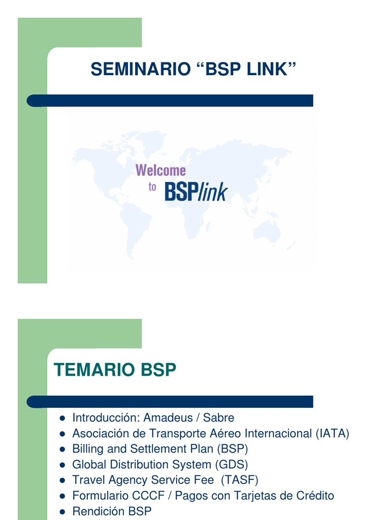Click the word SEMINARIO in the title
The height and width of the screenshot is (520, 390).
[x=141, y=69]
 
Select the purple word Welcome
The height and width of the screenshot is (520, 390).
[x=160, y=170]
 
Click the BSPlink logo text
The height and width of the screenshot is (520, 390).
[x=196, y=191]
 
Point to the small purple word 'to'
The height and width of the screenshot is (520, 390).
[x=152, y=187]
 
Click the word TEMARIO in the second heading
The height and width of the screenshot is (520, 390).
[x=94, y=370]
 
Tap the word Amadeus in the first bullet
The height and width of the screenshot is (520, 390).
[x=168, y=417]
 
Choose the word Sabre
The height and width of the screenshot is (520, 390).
[x=218, y=417]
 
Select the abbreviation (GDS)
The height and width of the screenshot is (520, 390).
[x=232, y=465]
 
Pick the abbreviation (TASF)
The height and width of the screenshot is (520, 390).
[x=240, y=480]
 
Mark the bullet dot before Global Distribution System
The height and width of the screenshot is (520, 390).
[x=62, y=465]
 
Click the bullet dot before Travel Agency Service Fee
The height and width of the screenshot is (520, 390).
[x=62, y=481]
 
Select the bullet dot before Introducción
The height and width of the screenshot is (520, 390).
[x=62, y=418]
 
